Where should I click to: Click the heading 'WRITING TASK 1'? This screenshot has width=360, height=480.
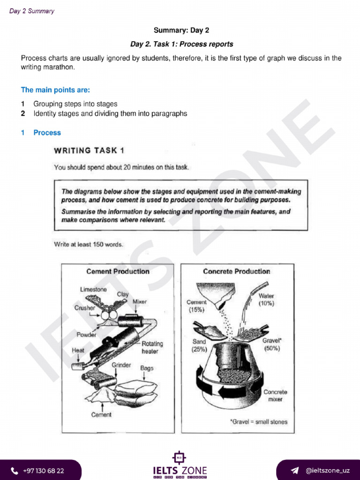click(89, 150)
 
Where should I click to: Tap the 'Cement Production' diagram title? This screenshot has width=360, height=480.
click(118, 271)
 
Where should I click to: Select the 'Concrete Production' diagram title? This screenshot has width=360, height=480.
click(236, 271)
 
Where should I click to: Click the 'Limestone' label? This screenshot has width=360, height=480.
click(93, 289)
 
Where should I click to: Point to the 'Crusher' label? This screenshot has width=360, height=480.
click(85, 308)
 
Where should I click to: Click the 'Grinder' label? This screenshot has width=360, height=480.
click(121, 365)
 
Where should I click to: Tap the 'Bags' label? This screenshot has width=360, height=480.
click(147, 368)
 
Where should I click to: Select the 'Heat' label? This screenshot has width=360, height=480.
click(78, 350)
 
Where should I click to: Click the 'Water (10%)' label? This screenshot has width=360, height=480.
click(266, 300)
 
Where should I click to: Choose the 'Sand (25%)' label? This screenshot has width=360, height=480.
click(199, 345)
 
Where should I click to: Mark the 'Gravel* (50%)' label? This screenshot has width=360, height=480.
click(272, 345)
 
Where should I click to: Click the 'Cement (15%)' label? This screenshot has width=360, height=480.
click(196, 306)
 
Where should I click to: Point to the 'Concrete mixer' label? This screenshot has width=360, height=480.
click(275, 396)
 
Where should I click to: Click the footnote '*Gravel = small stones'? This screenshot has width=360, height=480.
click(258, 421)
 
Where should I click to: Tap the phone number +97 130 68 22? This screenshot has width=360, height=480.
click(43, 471)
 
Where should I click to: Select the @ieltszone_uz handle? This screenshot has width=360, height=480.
click(327, 471)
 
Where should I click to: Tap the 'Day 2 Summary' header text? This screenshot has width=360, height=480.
click(31, 11)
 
